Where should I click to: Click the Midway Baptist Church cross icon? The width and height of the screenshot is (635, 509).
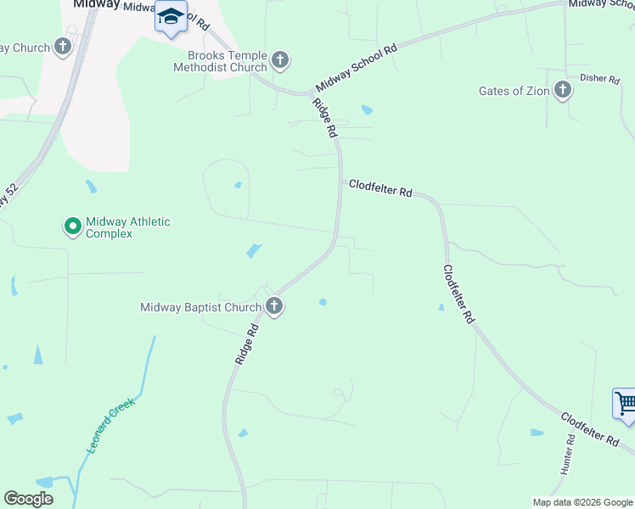tap(273, 306)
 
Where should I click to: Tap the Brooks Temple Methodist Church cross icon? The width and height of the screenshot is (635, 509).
tap(280, 60)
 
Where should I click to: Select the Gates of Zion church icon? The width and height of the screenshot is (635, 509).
tap(562, 90)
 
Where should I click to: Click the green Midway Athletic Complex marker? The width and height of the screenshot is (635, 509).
tap(72, 226)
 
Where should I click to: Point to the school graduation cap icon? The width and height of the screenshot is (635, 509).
tap(171, 16)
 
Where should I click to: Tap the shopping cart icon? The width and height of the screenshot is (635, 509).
tap(625, 403)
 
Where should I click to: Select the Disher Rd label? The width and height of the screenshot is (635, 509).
tap(599, 78)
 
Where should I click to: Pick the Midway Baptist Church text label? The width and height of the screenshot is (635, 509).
tap(200, 307)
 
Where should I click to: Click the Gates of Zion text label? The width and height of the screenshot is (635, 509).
tap(514, 91)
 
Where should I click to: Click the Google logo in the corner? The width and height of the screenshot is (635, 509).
tap(28, 499)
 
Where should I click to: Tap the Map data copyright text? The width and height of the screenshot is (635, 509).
tap(582, 502)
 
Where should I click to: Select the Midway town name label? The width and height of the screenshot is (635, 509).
tap(95, 4)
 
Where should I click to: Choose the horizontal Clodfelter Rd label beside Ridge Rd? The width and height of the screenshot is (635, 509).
tap(380, 187)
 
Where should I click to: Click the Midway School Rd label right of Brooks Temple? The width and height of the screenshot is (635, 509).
tap(356, 70)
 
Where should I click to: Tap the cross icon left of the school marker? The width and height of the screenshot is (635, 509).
tap(63, 48)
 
